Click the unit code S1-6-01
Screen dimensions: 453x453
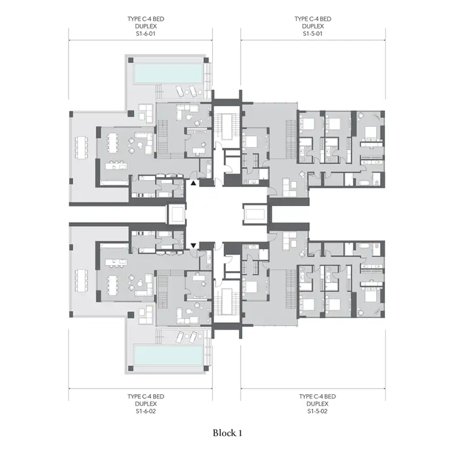[146, 33]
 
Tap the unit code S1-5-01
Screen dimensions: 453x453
[313, 33]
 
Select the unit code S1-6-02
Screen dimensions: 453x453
[146, 411]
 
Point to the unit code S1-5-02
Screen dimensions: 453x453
[317, 411]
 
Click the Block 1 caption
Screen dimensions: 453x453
[228, 433]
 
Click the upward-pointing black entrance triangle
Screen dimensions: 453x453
[193, 183]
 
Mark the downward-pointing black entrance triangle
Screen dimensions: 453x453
[193, 246]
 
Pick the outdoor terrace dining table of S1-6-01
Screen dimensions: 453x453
[81, 147]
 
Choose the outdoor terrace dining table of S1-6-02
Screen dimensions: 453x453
[81, 280]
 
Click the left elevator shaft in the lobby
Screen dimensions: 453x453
[176, 214]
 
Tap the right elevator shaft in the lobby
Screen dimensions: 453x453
[254, 214]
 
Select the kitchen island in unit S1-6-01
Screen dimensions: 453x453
[116, 166]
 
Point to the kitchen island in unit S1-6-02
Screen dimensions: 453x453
[116, 262]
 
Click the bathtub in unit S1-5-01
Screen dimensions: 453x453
[365, 182]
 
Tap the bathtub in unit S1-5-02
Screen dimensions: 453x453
[365, 246]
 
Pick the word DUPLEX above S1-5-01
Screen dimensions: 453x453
[313, 26]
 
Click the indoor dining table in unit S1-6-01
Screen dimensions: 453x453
[112, 143]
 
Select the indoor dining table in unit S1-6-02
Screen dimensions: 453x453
[112, 286]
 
